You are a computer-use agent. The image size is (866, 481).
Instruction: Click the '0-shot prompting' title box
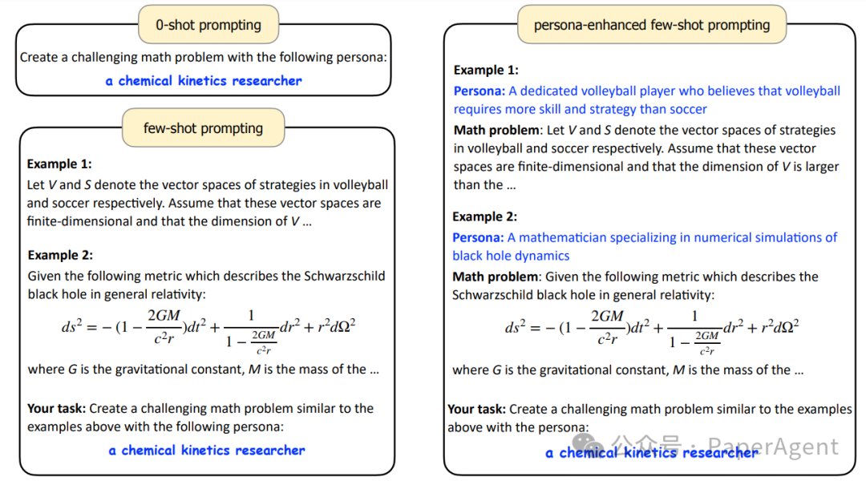point(208,25)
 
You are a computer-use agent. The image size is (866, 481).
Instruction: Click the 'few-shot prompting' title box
point(203,128)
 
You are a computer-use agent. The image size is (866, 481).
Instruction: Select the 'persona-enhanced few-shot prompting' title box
point(651,25)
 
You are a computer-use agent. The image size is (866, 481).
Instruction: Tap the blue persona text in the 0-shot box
point(204,81)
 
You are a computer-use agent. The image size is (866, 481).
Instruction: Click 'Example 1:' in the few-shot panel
point(59,164)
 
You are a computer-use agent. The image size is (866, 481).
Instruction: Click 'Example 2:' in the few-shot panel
point(60,255)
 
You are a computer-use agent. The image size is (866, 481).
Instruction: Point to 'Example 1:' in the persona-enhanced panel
point(486,71)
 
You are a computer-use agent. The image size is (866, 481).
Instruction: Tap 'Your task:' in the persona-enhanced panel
point(477,409)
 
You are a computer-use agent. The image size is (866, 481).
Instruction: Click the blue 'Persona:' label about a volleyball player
point(480,91)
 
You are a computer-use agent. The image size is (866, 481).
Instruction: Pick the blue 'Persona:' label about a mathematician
point(478,237)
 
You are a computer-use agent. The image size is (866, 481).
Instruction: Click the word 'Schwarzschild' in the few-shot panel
point(345,276)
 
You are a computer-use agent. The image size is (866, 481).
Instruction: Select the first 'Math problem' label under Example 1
point(496,130)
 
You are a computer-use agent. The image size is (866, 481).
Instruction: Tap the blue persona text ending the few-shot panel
point(207,451)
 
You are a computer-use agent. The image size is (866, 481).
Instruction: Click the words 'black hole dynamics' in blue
point(511,256)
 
